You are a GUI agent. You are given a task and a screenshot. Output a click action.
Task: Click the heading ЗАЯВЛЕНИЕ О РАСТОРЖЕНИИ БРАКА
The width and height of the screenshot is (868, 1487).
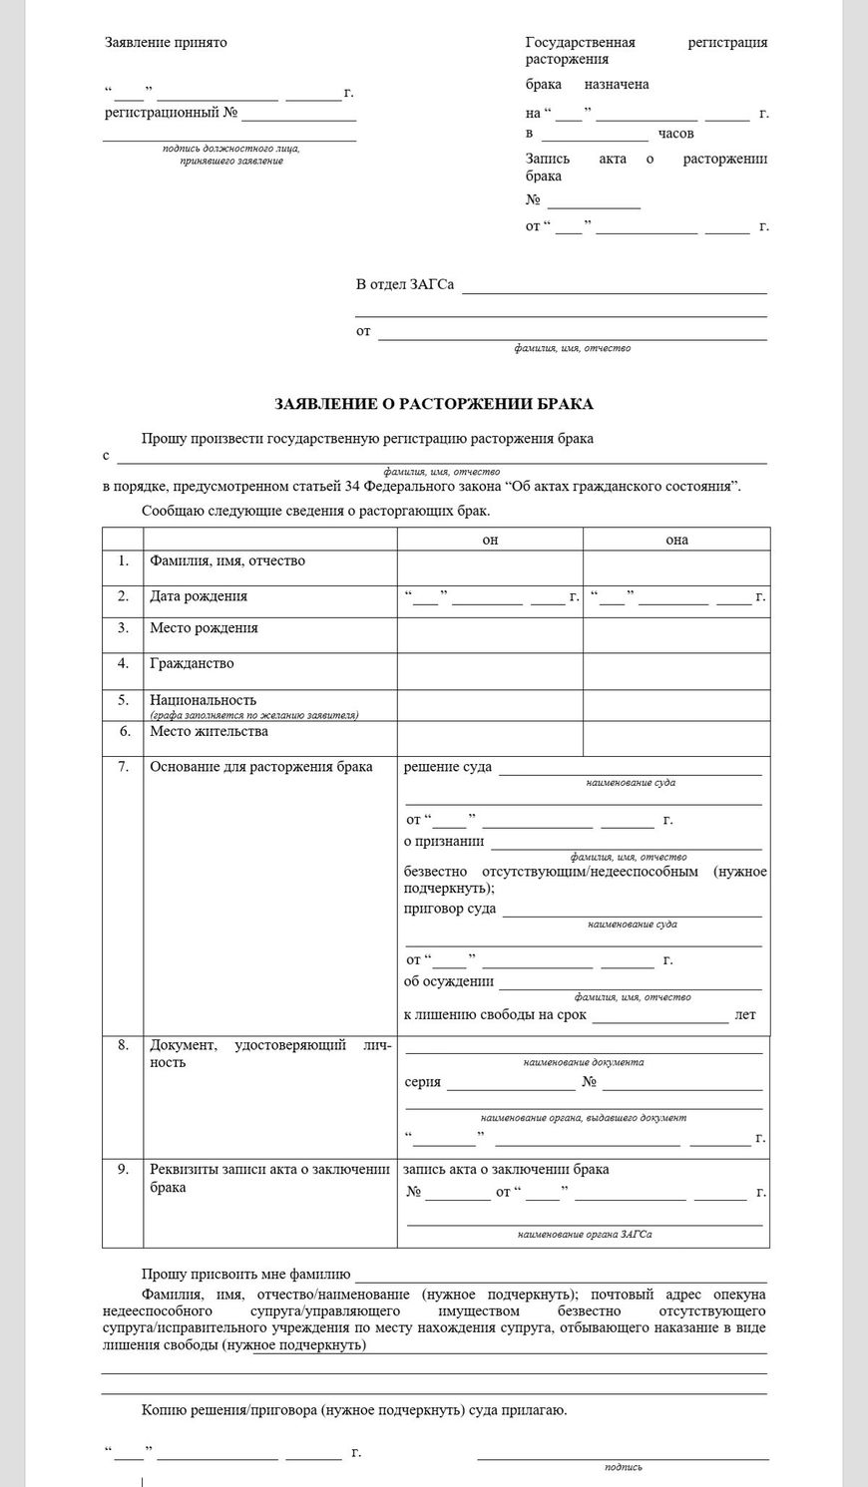[x=434, y=404]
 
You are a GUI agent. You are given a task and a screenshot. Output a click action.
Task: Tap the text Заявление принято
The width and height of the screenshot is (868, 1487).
[x=166, y=43]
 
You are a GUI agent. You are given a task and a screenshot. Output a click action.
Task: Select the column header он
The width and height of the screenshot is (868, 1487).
[x=490, y=540]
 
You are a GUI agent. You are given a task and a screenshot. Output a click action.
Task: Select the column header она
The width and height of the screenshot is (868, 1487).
[x=676, y=540]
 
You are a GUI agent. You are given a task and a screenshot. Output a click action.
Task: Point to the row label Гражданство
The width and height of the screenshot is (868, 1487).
[x=192, y=663]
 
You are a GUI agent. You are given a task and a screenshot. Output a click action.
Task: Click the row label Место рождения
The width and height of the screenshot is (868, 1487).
[x=204, y=628]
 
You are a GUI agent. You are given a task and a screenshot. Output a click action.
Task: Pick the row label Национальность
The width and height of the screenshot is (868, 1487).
[x=203, y=700]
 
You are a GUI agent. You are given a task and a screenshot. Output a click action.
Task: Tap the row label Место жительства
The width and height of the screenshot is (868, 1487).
[x=209, y=731]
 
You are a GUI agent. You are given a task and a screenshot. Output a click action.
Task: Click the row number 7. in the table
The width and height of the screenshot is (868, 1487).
[x=123, y=767]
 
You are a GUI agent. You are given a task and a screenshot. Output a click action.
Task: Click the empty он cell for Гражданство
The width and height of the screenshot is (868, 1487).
[x=490, y=671]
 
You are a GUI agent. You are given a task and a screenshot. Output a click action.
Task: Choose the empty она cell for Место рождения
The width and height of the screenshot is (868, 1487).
[x=676, y=635]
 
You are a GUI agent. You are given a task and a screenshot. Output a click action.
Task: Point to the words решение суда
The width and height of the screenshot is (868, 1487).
[x=447, y=768]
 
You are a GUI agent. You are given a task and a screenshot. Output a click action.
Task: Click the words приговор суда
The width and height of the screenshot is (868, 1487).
[x=450, y=910]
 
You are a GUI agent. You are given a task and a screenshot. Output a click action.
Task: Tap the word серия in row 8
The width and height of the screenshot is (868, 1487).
[x=423, y=1082]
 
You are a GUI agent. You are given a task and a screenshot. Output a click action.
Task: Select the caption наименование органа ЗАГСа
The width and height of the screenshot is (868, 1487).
[x=584, y=1235]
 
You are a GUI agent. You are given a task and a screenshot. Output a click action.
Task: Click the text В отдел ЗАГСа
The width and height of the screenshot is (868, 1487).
[x=405, y=285]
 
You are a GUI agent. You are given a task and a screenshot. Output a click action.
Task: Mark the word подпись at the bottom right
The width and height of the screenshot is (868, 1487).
[x=623, y=1467]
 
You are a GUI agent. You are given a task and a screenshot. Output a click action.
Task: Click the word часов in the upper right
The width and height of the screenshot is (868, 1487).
[x=675, y=134]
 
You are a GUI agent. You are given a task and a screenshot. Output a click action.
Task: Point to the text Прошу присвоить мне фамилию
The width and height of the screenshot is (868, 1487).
[x=245, y=1275]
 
